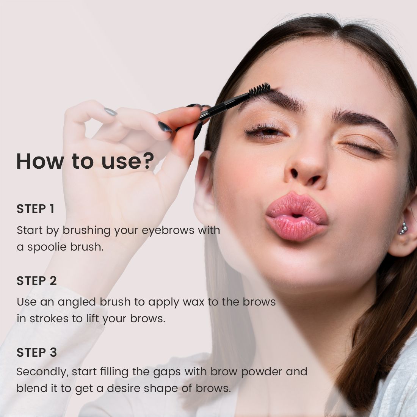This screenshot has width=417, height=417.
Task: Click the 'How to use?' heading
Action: tap(85, 161)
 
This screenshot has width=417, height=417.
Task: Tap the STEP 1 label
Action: tap(35, 209)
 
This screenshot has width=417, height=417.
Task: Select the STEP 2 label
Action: tap(36, 281)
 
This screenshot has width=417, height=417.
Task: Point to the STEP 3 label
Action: tap(36, 353)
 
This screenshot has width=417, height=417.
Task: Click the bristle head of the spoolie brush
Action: tap(259, 90)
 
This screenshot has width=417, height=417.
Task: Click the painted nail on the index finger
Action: tap(165, 127)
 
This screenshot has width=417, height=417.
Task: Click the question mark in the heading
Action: tap(147, 161)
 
